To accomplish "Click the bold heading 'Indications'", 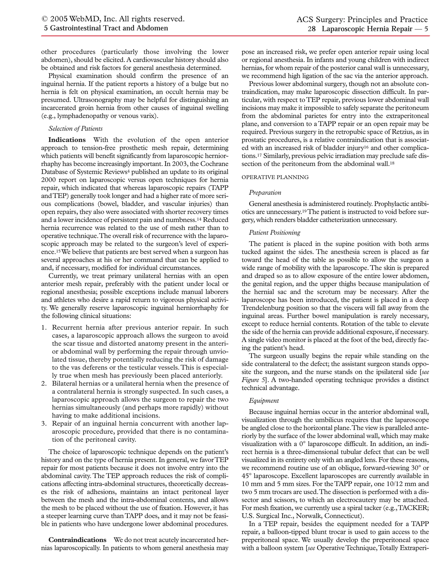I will (x=67, y=140).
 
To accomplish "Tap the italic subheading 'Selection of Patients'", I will (x=76, y=128).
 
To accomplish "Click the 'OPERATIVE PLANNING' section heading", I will (x=275, y=177).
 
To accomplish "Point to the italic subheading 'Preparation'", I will (x=265, y=193).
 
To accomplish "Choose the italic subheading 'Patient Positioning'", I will (x=274, y=232).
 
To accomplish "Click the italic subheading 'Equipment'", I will (x=264, y=401).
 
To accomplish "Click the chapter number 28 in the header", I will (x=312, y=29).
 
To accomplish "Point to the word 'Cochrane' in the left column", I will (x=215, y=164).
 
